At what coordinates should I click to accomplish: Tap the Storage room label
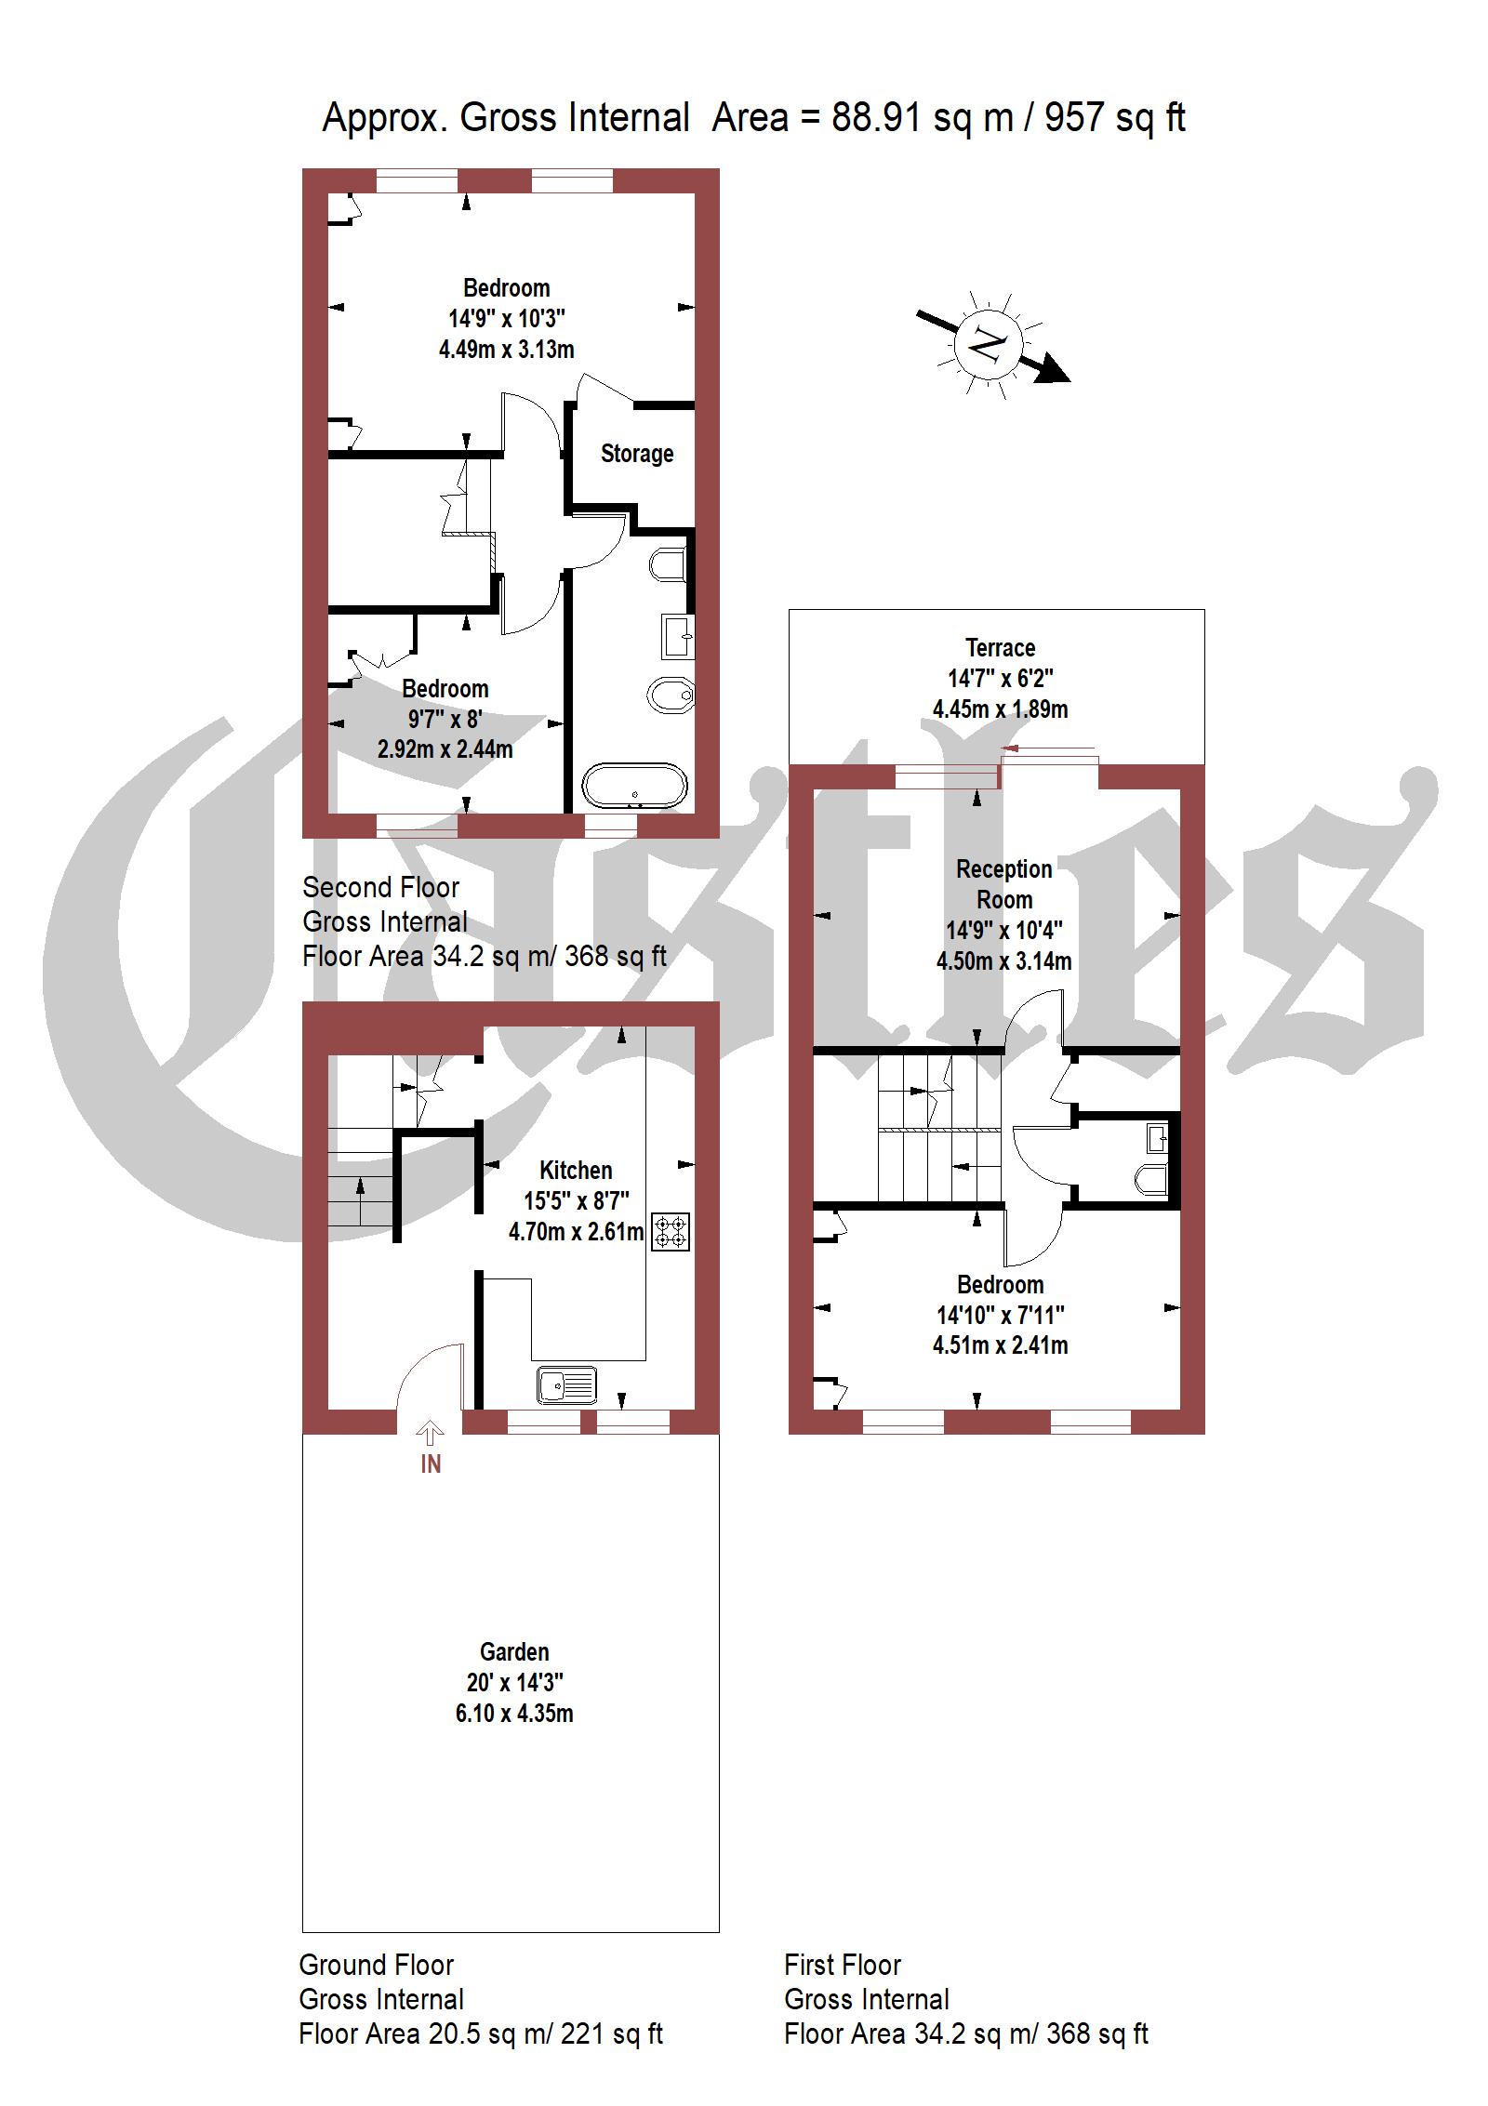tap(637, 454)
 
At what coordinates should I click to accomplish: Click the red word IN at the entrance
tap(431, 1464)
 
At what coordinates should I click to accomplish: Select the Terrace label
tap(1000, 648)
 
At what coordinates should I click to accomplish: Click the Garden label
tap(514, 1652)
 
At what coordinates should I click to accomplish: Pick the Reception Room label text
tap(1004, 884)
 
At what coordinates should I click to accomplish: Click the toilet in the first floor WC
tap(1150, 1179)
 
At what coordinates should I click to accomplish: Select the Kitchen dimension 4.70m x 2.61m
tap(576, 1232)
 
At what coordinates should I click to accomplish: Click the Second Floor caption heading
tap(380, 887)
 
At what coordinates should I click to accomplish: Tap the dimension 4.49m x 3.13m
tap(506, 350)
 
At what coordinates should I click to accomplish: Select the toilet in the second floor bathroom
tap(669, 564)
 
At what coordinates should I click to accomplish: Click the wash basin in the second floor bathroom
tap(677, 635)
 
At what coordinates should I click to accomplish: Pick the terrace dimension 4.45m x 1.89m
tap(1000, 709)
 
